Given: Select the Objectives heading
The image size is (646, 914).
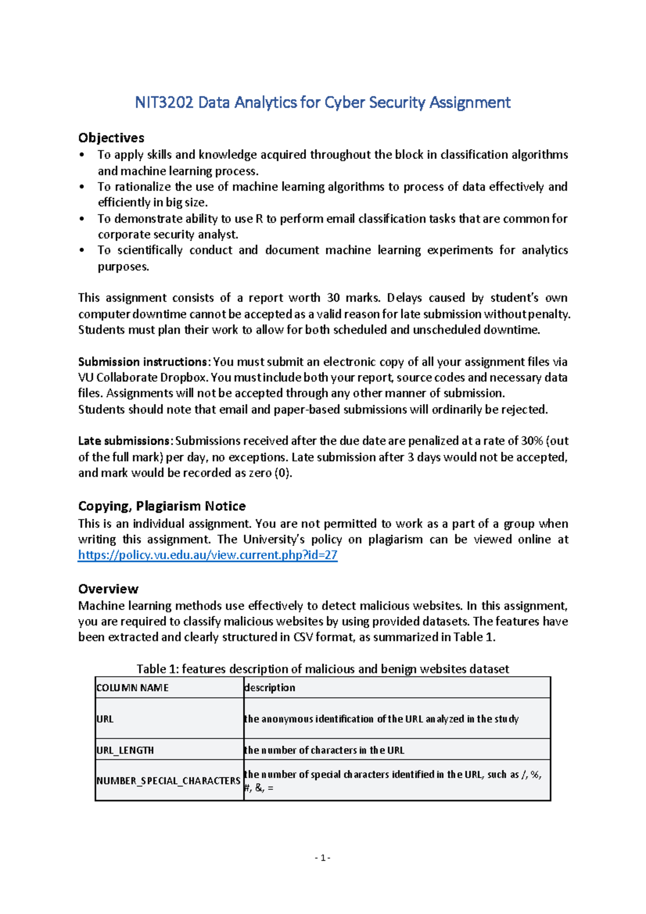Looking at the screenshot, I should tap(111, 138).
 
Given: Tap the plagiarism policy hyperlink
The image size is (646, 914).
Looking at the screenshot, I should tap(207, 555).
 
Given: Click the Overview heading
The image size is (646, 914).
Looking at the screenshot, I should tap(108, 588).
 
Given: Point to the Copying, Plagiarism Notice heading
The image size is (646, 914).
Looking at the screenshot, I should tap(161, 506).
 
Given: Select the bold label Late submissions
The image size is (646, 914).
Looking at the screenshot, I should tap(124, 441).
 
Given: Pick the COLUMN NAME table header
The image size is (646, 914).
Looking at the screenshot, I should tap(132, 688).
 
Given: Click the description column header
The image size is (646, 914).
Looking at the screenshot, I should tap(270, 688).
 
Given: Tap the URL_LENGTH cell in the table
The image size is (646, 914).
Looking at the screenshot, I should tap(125, 750).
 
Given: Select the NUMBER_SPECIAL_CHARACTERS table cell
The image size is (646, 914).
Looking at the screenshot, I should tap(168, 781).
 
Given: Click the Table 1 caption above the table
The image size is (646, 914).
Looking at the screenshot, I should tap(322, 669).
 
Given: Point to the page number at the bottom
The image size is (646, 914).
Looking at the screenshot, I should tap(322, 858).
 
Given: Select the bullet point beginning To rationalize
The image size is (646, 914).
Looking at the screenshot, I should tap(332, 194).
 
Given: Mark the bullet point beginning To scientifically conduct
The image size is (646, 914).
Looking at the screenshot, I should tap(332, 258).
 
